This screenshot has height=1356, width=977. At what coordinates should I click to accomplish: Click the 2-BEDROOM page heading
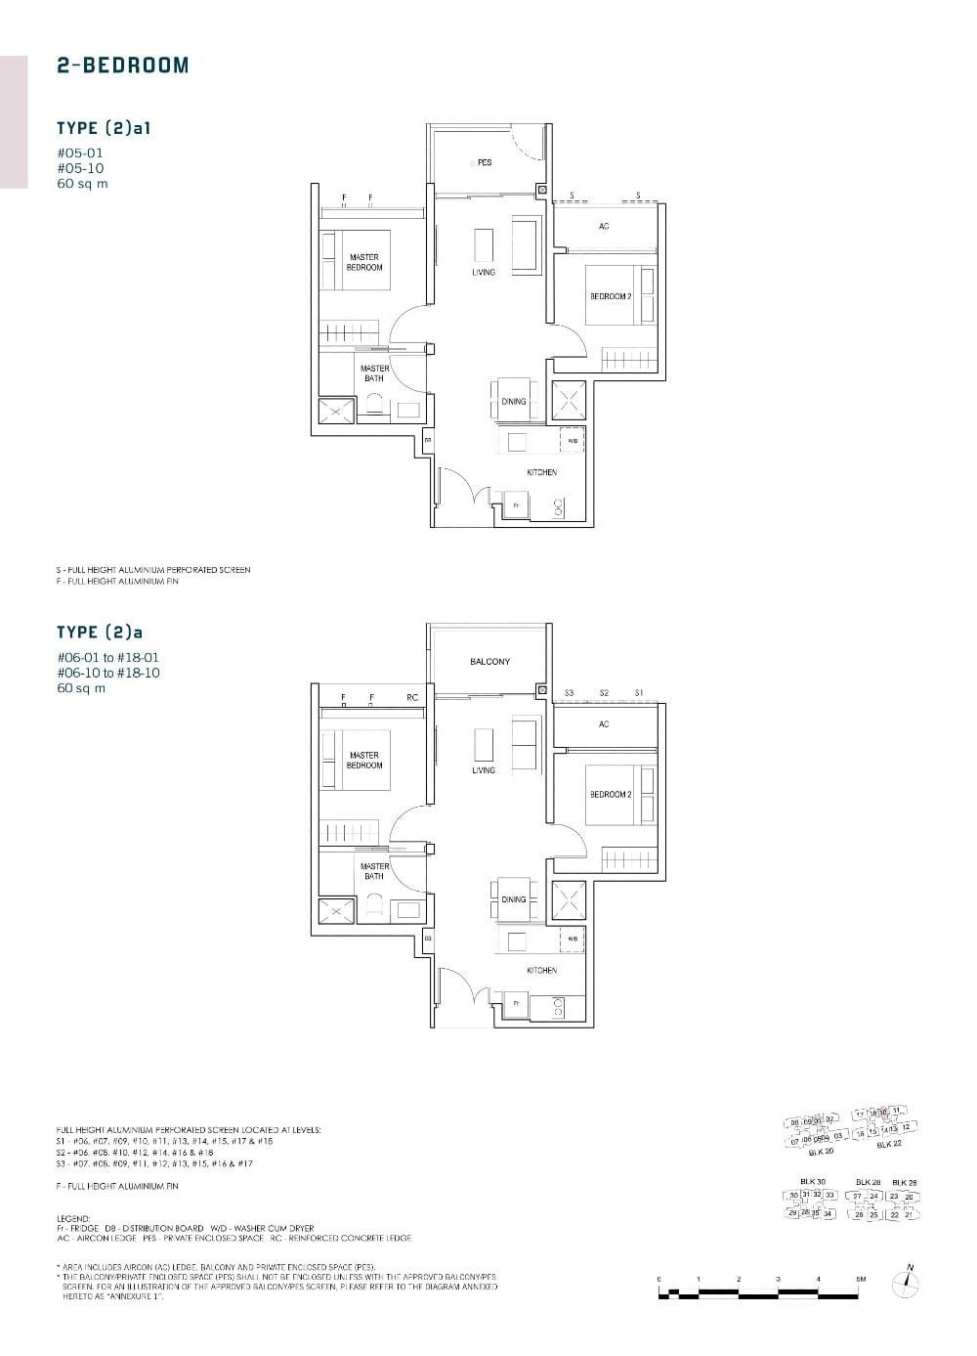point(122,66)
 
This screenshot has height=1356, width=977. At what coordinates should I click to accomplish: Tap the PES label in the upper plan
point(484,163)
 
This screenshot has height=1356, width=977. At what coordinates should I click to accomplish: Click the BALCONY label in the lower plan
point(489,662)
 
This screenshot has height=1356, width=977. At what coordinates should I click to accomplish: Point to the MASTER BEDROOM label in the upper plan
point(363,262)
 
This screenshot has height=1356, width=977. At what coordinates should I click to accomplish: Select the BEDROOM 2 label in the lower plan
point(611,794)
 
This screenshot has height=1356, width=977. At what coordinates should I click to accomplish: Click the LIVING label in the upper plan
point(484,272)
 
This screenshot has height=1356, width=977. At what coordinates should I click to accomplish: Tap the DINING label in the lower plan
point(514,899)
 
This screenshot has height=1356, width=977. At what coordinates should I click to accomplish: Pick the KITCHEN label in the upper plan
point(542,472)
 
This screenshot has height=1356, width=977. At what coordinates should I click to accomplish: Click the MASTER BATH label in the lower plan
point(374,871)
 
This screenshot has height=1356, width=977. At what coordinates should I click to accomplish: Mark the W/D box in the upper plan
point(573,441)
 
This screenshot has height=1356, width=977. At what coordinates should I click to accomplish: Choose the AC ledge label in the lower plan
point(604,724)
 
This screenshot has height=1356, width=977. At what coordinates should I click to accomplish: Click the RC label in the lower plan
point(412,697)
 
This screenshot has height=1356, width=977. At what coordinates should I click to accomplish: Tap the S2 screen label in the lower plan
point(604,693)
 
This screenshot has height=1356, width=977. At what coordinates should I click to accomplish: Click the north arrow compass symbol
point(908,1283)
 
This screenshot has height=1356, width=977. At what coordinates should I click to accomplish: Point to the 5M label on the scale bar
point(861,1279)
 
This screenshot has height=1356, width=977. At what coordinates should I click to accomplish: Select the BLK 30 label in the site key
point(812,1182)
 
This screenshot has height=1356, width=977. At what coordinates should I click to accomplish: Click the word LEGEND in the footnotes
point(73,1219)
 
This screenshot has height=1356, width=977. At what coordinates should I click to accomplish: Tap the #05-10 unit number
point(80,168)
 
